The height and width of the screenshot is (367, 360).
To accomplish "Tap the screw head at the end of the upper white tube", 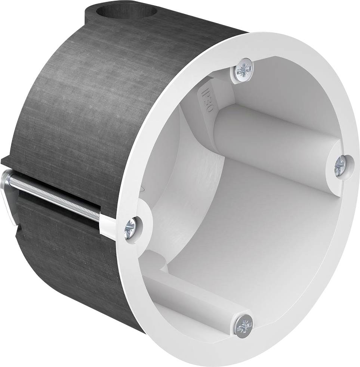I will (x=341, y=164).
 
